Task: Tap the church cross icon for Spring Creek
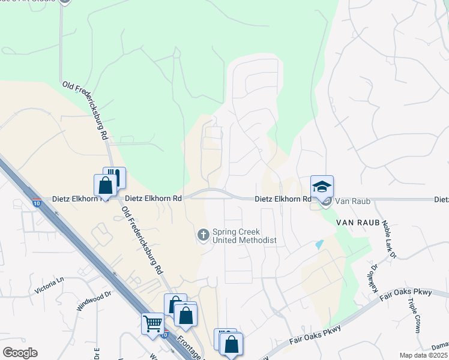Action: [x=203, y=233]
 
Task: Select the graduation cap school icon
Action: [x=322, y=186]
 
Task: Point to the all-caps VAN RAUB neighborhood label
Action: [x=358, y=223]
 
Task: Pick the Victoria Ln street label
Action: [x=49, y=285]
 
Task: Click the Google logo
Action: [x=20, y=353]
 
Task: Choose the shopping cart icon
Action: [x=152, y=324]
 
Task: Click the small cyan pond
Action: [x=319, y=245]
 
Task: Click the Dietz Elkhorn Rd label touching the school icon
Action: [x=283, y=199]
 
